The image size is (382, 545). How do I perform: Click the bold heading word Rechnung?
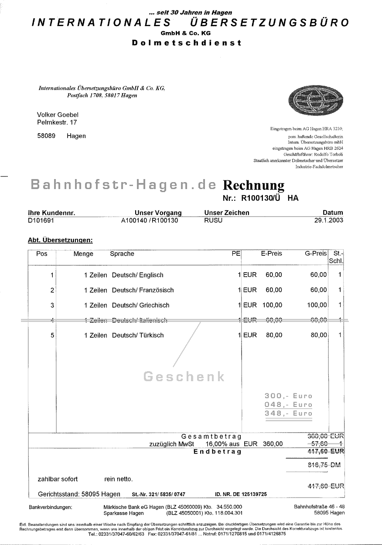[253, 185]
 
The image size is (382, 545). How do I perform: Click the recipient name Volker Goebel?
[58, 115]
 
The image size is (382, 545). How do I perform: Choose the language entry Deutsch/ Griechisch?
[140, 305]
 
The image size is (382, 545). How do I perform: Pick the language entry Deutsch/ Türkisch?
[138, 335]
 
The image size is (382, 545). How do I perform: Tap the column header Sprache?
[122, 254]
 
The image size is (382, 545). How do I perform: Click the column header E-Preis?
[271, 254]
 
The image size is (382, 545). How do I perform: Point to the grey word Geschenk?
[184, 376]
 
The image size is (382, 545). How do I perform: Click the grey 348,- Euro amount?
[288, 413]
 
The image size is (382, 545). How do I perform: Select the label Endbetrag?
[217, 452]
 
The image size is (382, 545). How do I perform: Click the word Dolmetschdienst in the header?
[186, 43]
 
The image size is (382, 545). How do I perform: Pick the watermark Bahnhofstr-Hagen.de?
[123, 185]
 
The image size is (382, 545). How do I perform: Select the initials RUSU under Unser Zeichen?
[213, 220]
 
